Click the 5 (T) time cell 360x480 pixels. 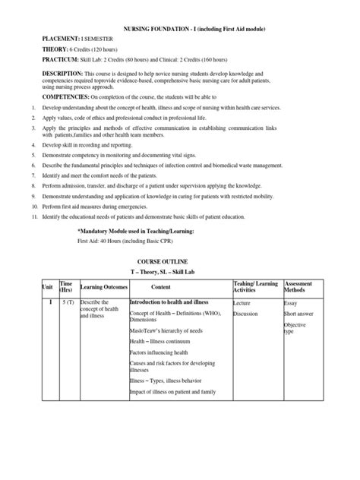click(67, 302)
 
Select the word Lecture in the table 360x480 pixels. click(244, 302)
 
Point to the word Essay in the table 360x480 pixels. click(291, 302)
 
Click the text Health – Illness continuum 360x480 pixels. click(164, 343)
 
